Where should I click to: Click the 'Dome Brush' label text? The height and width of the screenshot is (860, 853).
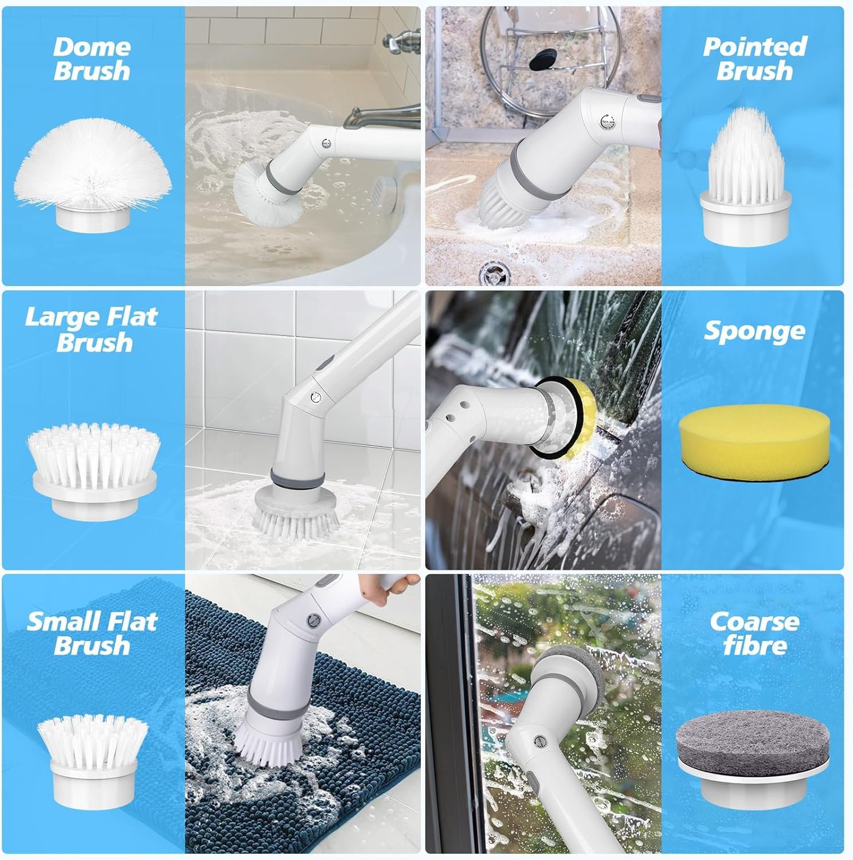92,59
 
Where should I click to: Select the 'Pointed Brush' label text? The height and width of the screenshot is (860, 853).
754,59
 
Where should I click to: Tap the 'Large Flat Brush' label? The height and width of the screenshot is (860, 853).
92,329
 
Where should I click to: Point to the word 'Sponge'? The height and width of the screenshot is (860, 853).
754,331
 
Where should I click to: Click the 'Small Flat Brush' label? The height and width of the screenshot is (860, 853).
92,633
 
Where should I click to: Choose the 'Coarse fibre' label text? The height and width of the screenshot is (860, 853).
754,633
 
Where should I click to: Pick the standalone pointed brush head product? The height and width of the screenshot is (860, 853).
746,173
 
